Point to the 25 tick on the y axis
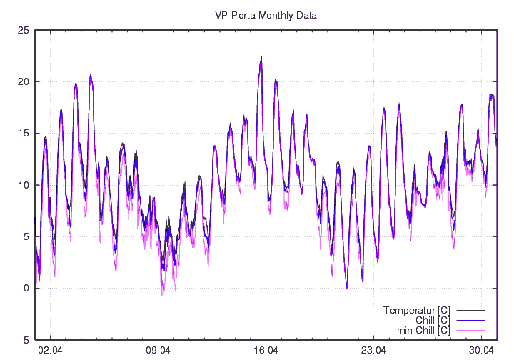coord(24,30)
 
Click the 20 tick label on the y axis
coord(24,81)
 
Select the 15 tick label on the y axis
coord(24,133)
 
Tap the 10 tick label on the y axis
coord(24,185)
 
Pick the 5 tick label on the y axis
coord(26,236)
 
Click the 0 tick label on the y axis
coord(26,288)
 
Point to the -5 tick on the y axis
coord(24,340)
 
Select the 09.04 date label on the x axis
coord(158,351)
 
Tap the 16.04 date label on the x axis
coord(266,351)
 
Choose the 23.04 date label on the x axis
coord(373,351)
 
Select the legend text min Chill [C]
coord(422,330)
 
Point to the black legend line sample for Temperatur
coord(470,310)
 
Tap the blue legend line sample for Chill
coord(470,320)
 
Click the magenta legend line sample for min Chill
coord(470,330)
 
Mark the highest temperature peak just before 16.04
coord(261,58)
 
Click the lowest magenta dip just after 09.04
coord(163,299)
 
